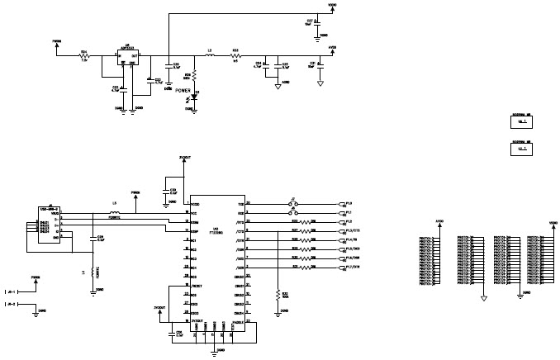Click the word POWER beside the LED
[184, 90]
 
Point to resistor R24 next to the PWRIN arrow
[84, 57]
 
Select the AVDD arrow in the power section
[332, 50]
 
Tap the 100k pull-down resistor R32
[276, 295]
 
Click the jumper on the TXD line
[291, 203]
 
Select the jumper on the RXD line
[291, 212]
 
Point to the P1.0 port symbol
[346, 203]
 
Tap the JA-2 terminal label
[11, 306]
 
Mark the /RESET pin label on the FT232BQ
[197, 286]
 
